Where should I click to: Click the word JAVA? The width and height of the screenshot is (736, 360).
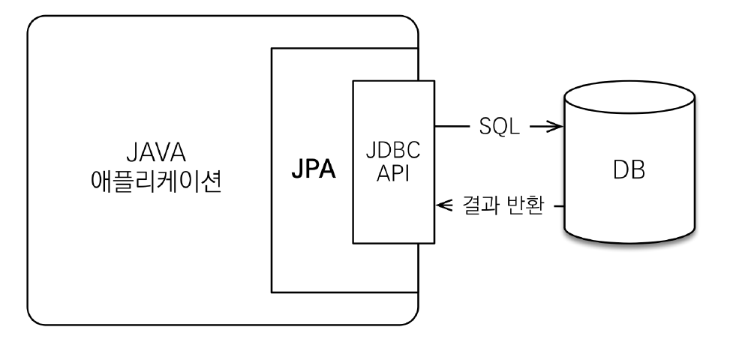[156, 154]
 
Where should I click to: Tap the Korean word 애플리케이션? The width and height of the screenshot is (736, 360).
[156, 182]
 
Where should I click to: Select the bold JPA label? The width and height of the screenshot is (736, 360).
[314, 169]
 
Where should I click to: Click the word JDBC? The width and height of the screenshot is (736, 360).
[393, 149]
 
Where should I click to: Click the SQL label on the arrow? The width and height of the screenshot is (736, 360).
[499, 127]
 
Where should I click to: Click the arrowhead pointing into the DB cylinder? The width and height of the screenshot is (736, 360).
[556, 127]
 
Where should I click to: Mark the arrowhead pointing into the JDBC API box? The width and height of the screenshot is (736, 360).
[443, 204]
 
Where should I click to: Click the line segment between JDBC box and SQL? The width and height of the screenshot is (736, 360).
[451, 127]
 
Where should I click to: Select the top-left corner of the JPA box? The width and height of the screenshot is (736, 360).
[272, 49]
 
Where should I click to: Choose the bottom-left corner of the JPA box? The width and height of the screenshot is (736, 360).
[272, 292]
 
